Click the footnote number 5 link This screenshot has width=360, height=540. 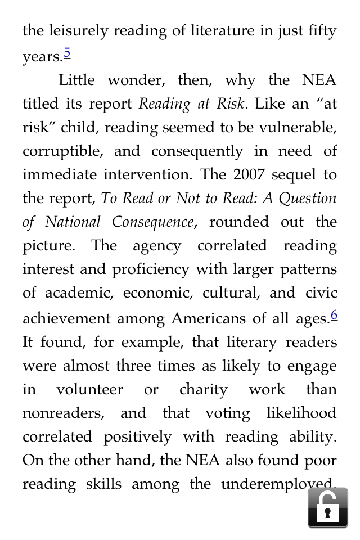pos(67,53)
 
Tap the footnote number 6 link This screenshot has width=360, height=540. pos(334,315)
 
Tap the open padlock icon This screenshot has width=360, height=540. pos(327,507)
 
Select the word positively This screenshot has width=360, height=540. pos(137,437)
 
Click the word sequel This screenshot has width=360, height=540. pos(294,175)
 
